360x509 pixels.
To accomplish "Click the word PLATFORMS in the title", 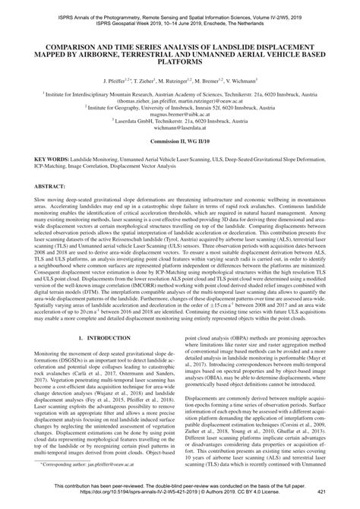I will click(x=180, y=62).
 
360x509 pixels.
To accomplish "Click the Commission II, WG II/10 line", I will click(x=180, y=142).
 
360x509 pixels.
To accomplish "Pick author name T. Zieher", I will click(x=148, y=79).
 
